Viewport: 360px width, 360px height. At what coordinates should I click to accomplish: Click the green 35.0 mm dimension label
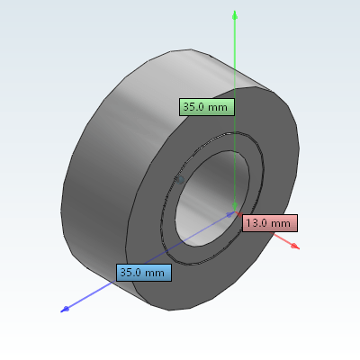[207, 106]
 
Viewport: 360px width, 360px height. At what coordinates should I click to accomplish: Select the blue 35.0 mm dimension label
[143, 272]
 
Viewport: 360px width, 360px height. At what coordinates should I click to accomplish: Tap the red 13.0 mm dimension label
[268, 222]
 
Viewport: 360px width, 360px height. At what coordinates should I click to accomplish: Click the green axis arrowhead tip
[235, 13]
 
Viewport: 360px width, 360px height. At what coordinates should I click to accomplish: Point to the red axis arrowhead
[295, 246]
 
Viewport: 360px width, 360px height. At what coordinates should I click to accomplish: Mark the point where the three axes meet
[235, 213]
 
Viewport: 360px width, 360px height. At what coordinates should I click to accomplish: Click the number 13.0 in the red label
[258, 222]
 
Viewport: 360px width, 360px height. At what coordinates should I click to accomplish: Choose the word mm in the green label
[219, 106]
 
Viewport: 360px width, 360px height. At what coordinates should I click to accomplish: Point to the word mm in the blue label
[155, 272]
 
